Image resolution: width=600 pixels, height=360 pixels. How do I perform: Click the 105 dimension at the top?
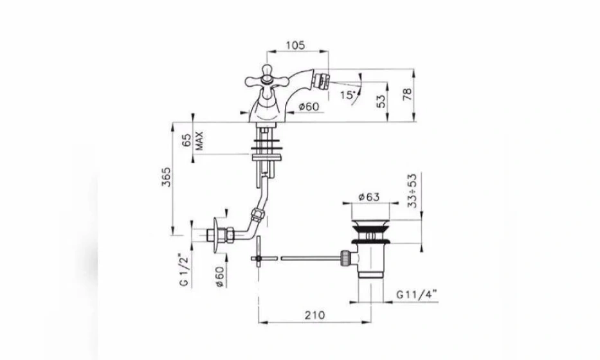point(296,45)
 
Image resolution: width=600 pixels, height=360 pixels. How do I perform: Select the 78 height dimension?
point(408,94)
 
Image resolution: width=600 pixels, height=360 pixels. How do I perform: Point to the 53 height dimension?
point(381,101)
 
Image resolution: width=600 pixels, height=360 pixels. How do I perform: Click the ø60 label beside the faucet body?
point(309,106)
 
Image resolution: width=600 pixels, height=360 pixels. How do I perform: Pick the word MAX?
point(199,140)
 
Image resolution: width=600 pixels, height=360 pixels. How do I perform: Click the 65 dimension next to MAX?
point(186,140)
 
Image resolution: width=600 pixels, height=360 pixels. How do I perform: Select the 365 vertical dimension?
point(167,177)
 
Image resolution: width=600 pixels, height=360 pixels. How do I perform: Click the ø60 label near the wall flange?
point(219,276)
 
